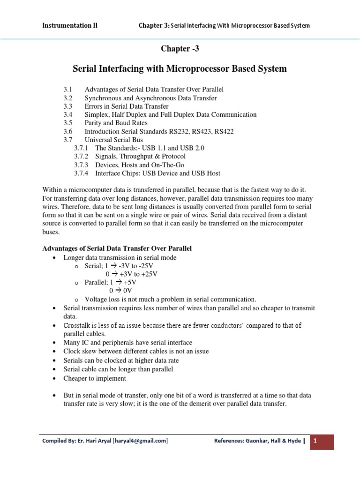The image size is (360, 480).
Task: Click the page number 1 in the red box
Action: (316, 441)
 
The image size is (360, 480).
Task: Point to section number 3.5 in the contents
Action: (68, 123)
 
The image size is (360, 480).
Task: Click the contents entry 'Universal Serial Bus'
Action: (114, 140)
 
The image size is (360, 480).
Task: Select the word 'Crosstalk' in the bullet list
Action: (77, 325)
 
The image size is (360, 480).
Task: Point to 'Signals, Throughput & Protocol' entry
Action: (140, 157)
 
